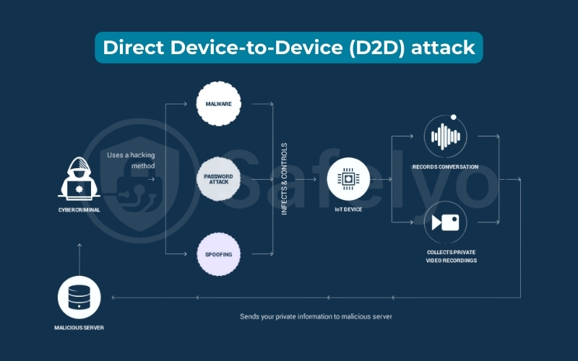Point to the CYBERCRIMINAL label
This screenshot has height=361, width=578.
pyautogui.click(x=79, y=210)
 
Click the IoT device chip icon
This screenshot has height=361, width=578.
pyautogui.click(x=348, y=178)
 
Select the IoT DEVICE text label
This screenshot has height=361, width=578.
pyautogui.click(x=348, y=209)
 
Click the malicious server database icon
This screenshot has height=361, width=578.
pyautogui.click(x=79, y=297)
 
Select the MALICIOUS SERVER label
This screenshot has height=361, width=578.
pyautogui.click(x=79, y=328)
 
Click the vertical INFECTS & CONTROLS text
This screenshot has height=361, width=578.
pyautogui.click(x=285, y=179)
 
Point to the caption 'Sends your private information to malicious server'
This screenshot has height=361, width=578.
pyautogui.click(x=317, y=316)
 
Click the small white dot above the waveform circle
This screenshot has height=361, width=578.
pyautogui.click(x=453, y=116)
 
